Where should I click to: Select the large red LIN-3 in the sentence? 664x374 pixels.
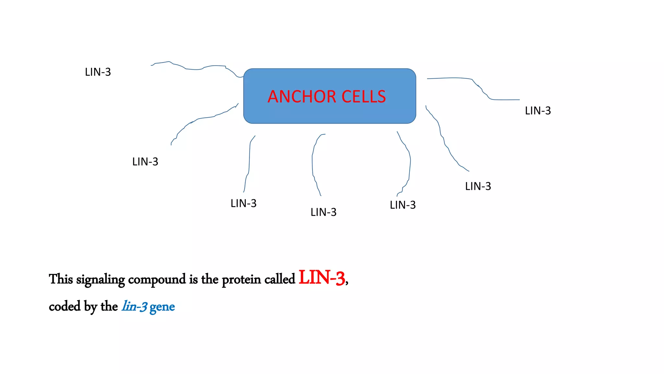point(322,278)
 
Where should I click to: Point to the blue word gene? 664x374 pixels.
point(162,307)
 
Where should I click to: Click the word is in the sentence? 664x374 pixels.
point(194,279)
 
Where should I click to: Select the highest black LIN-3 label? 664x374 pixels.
point(98,72)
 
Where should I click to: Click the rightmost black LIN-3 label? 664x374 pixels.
point(538,111)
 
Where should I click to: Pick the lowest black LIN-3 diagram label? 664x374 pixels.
point(324,212)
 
